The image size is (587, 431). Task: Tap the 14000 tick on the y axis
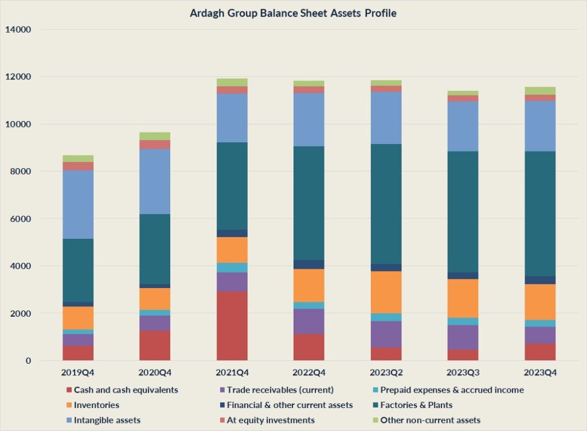pyautogui.click(x=18, y=29)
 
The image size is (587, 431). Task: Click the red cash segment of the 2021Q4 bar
pyautogui.click(x=232, y=325)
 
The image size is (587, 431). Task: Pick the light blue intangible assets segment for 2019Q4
pyautogui.click(x=78, y=204)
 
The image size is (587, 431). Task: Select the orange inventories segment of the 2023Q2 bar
pyautogui.click(x=386, y=292)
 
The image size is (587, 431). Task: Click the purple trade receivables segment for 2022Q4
pyautogui.click(x=309, y=321)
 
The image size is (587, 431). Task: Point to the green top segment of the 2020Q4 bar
pyautogui.click(x=155, y=136)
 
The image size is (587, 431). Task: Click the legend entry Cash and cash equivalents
pyautogui.click(x=126, y=390)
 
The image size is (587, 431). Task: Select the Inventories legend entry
pyautogui.click(x=96, y=405)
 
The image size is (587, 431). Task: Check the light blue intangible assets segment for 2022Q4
pyautogui.click(x=309, y=119)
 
